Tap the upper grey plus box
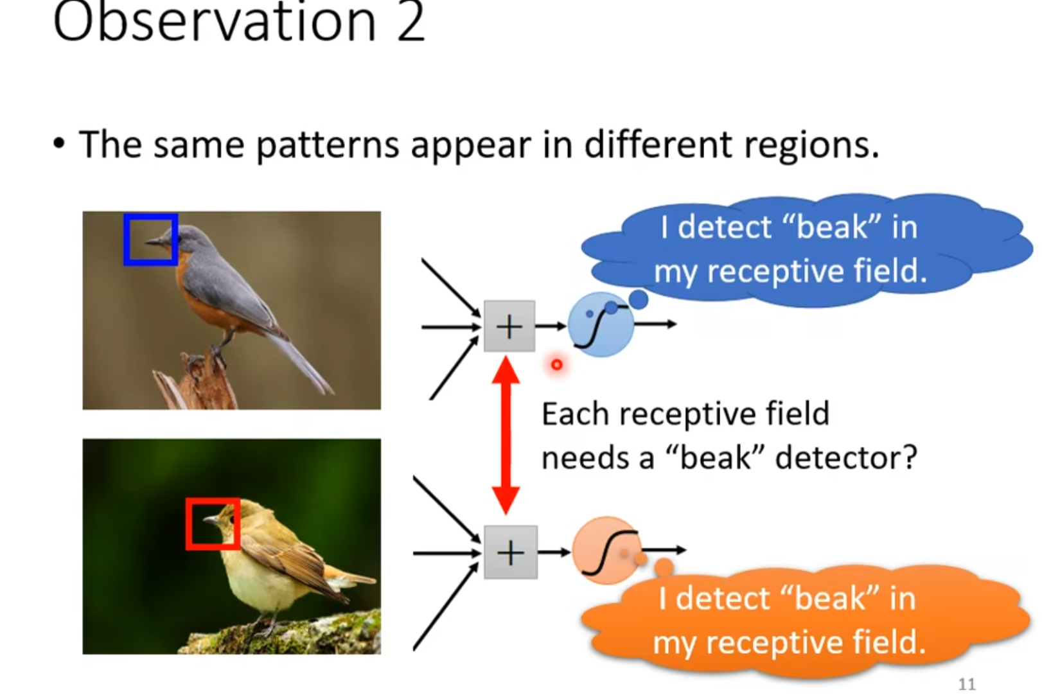point(509,326)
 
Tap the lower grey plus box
point(510,552)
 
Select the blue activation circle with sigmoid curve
point(600,325)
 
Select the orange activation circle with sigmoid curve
point(605,551)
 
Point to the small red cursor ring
point(556,365)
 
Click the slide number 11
point(966,684)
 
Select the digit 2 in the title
point(411,22)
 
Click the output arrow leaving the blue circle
point(655,324)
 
